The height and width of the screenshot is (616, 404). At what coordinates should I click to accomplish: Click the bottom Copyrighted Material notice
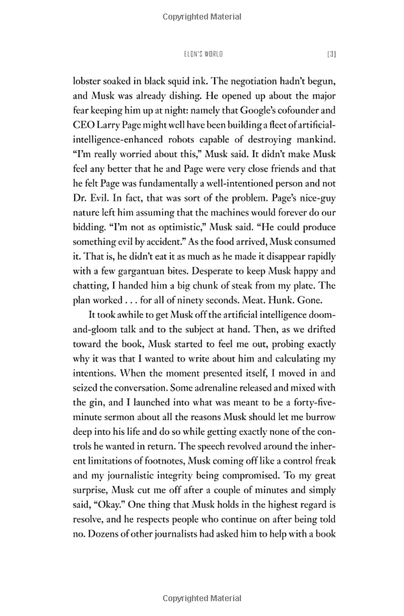click(201, 598)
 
